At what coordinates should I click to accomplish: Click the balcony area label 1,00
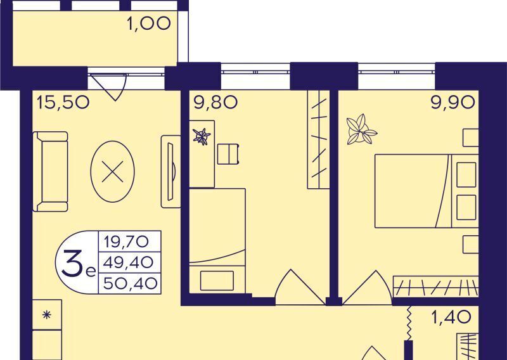149,24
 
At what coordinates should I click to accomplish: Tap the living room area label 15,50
63,103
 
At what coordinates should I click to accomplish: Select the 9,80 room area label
215,102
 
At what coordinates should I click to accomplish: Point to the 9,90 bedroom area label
453,102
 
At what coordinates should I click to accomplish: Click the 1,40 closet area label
451,318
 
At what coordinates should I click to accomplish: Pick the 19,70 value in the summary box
126,241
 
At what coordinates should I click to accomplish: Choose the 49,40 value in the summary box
128,262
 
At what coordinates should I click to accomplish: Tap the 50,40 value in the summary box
131,284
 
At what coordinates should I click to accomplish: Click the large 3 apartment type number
72,264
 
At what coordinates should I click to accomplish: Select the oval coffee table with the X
113,171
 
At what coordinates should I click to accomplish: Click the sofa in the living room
51,171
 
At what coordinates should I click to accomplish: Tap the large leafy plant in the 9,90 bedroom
361,129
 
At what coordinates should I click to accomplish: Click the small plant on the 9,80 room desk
202,136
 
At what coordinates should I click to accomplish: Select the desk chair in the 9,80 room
228,154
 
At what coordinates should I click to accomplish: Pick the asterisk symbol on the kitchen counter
47,315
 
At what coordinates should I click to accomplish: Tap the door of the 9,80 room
300,287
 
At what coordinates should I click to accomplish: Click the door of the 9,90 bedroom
368,288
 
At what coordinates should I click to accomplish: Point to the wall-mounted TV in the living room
171,171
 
